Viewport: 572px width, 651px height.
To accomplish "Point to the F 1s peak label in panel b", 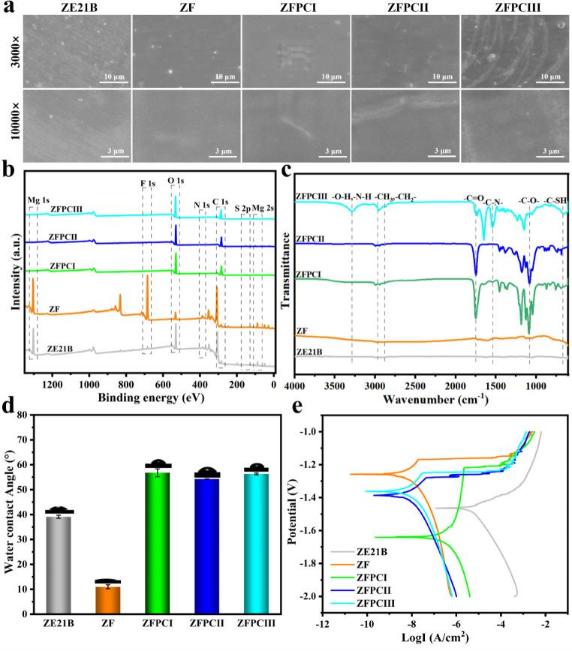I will click(x=147, y=182).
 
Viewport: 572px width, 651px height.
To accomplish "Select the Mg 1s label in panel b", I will click(x=38, y=200).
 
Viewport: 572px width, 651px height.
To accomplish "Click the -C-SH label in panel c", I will click(x=554, y=199).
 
